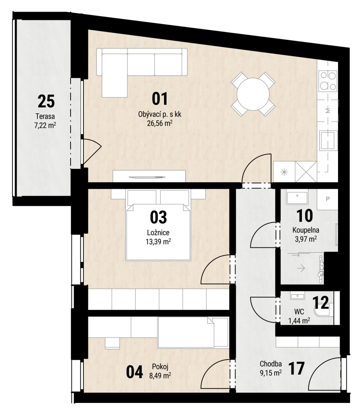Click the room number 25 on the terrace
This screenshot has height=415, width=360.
46,101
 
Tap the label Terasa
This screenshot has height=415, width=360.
45,116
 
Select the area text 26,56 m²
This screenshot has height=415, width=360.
160,123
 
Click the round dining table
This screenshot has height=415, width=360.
253,94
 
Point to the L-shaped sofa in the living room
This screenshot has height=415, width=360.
142,69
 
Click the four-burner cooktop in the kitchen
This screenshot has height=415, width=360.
328,81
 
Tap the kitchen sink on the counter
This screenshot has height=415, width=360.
328,141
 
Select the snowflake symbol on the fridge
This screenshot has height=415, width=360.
284,173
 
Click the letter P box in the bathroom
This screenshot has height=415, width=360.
328,200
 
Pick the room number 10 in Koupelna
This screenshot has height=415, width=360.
305,216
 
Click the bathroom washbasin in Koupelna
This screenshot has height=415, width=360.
297,198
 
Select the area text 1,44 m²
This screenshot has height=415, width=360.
299,321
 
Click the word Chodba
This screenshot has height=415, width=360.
270,364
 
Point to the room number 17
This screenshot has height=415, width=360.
296,369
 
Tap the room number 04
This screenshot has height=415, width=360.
135,372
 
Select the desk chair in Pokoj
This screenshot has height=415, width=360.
112,343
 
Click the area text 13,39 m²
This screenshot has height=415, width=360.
158,242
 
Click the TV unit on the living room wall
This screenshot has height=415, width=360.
149,176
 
